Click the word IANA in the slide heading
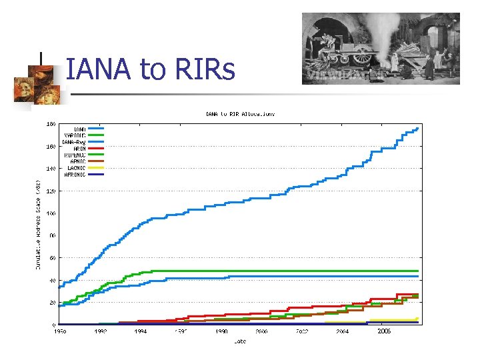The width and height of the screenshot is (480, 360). (x=102, y=69)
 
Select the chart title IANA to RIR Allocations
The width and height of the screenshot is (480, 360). (x=239, y=114)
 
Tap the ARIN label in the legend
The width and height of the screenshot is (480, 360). (x=78, y=148)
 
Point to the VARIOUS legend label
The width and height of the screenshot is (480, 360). (x=74, y=135)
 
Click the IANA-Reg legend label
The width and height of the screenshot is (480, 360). (x=73, y=141)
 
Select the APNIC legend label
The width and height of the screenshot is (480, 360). (x=77, y=161)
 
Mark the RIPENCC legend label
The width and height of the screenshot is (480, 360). (x=74, y=155)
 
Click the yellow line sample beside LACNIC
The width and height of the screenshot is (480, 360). (x=96, y=168)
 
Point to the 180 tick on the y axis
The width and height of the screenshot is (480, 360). (x=50, y=123)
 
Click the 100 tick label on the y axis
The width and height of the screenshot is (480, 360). (x=50, y=213)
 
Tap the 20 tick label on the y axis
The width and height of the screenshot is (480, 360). (x=51, y=303)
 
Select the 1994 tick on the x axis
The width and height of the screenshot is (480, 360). (x=141, y=331)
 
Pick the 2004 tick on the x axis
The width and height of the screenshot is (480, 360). (x=342, y=331)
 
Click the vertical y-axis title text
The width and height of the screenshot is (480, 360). (x=39, y=223)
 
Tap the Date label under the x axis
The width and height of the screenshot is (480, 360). (x=239, y=341)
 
